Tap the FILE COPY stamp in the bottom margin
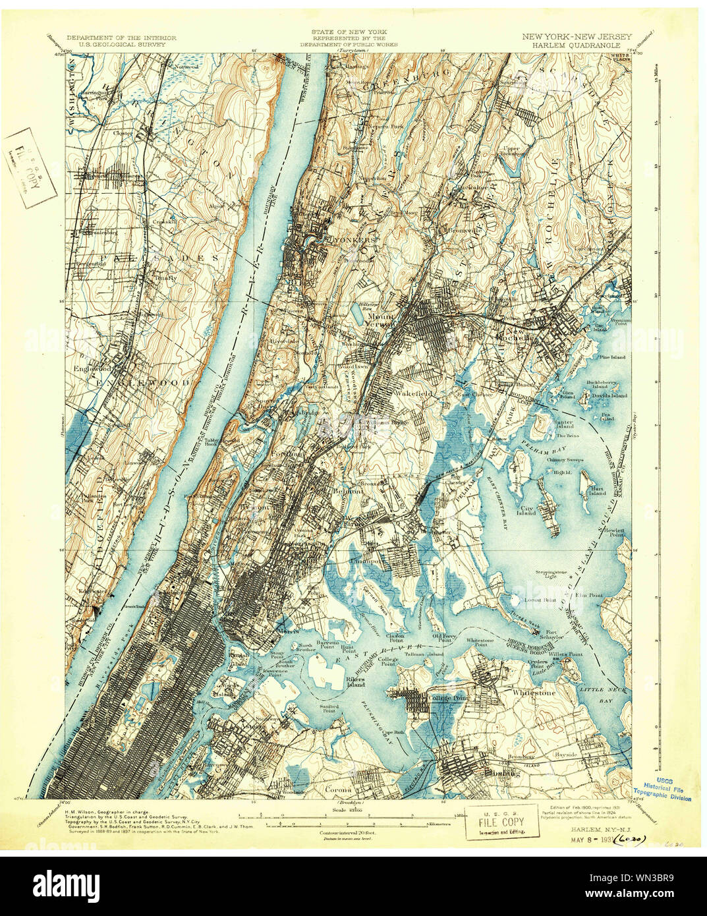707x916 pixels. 502,822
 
